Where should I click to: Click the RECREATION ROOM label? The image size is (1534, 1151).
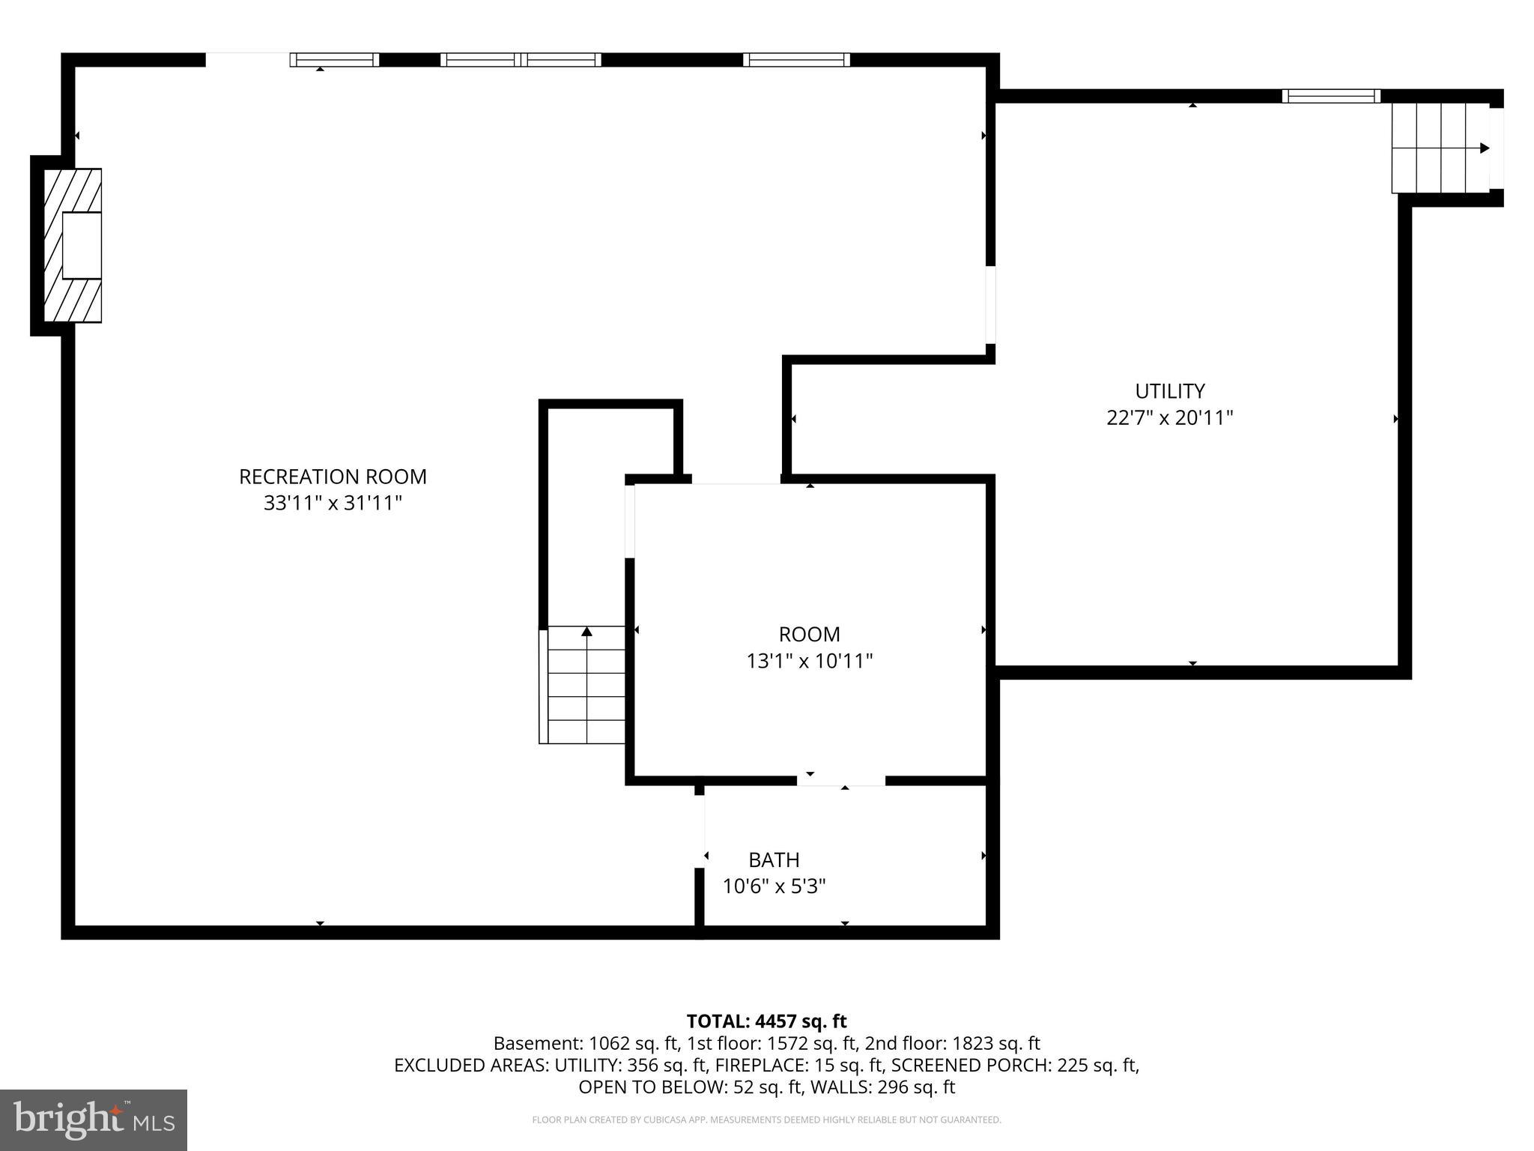[333, 477]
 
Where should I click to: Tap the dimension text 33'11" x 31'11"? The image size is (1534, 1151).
[333, 503]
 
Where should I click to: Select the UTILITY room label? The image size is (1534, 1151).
[1169, 391]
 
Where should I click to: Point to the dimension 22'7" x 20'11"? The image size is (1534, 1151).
[1169, 417]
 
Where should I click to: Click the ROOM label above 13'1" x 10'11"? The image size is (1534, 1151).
[809, 635]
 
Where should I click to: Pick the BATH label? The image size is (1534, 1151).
[774, 860]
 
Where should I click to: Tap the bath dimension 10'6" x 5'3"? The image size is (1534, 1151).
[774, 886]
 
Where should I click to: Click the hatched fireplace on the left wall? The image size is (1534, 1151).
[72, 246]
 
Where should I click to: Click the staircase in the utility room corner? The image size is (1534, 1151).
[1440, 148]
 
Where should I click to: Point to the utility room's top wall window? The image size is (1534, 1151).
[1331, 96]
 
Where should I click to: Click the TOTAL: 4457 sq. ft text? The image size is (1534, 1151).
[766, 1021]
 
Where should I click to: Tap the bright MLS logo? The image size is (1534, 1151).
[94, 1120]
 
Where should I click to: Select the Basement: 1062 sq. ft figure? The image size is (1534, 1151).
[586, 1043]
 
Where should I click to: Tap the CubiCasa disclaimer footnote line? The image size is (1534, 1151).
[766, 1120]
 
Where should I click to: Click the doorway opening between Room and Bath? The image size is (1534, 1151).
[840, 781]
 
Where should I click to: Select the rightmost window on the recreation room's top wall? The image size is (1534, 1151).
[796, 60]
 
